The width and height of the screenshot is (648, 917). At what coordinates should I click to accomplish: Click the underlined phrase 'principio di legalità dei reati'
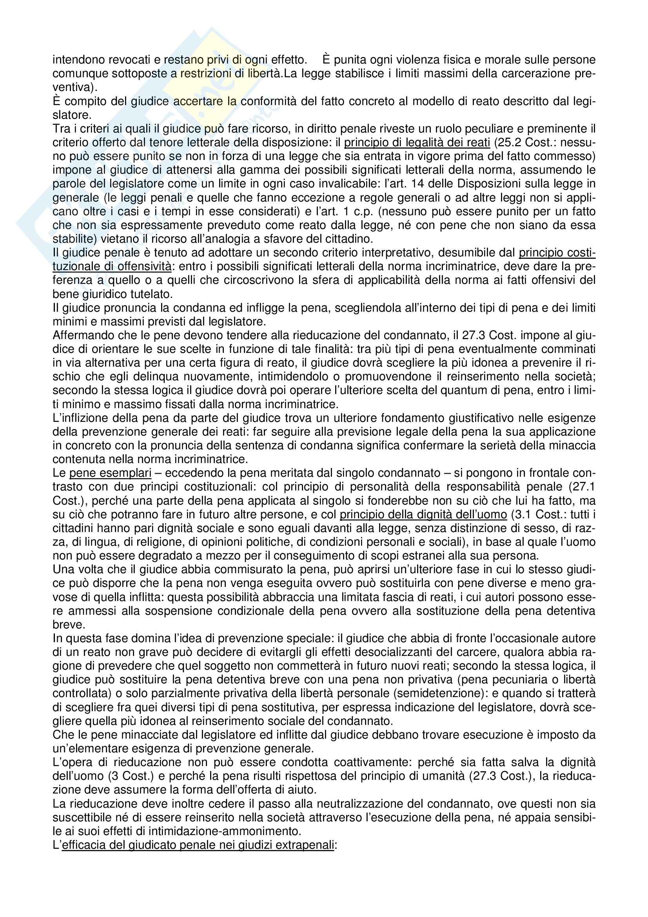click(417, 143)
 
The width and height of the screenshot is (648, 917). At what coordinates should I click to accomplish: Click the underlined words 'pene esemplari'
click(110, 473)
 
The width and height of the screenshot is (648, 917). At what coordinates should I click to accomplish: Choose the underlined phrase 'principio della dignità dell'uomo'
click(423, 514)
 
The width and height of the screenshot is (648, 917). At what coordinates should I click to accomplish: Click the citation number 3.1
click(521, 514)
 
